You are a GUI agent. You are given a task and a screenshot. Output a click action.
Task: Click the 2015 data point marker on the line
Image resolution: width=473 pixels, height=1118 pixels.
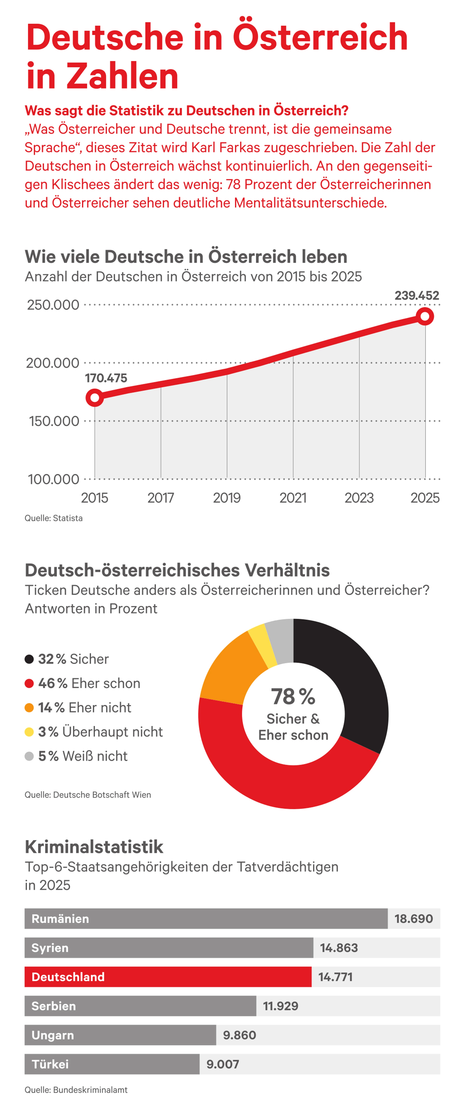[95, 397]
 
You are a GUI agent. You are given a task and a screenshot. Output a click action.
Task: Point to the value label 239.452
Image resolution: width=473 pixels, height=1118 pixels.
[416, 296]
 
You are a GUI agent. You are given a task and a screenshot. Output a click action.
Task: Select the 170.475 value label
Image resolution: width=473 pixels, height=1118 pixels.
[106, 378]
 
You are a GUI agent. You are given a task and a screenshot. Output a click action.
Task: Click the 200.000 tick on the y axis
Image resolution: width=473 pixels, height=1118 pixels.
[52, 363]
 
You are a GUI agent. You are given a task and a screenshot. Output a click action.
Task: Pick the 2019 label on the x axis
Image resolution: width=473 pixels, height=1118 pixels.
[227, 498]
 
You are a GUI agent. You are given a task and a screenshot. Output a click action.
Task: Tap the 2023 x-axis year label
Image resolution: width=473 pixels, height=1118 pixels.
[359, 498]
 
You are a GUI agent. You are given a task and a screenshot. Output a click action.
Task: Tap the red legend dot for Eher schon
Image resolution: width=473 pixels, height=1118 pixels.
[29, 684]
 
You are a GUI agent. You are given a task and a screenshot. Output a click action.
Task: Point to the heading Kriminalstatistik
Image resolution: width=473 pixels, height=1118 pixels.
[94, 846]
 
